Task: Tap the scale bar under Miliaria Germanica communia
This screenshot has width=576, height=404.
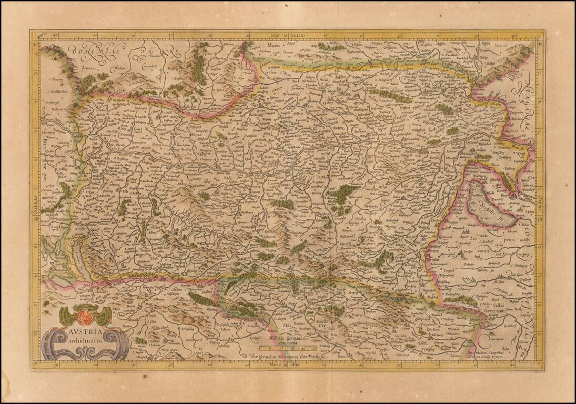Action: click(x=288, y=348)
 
